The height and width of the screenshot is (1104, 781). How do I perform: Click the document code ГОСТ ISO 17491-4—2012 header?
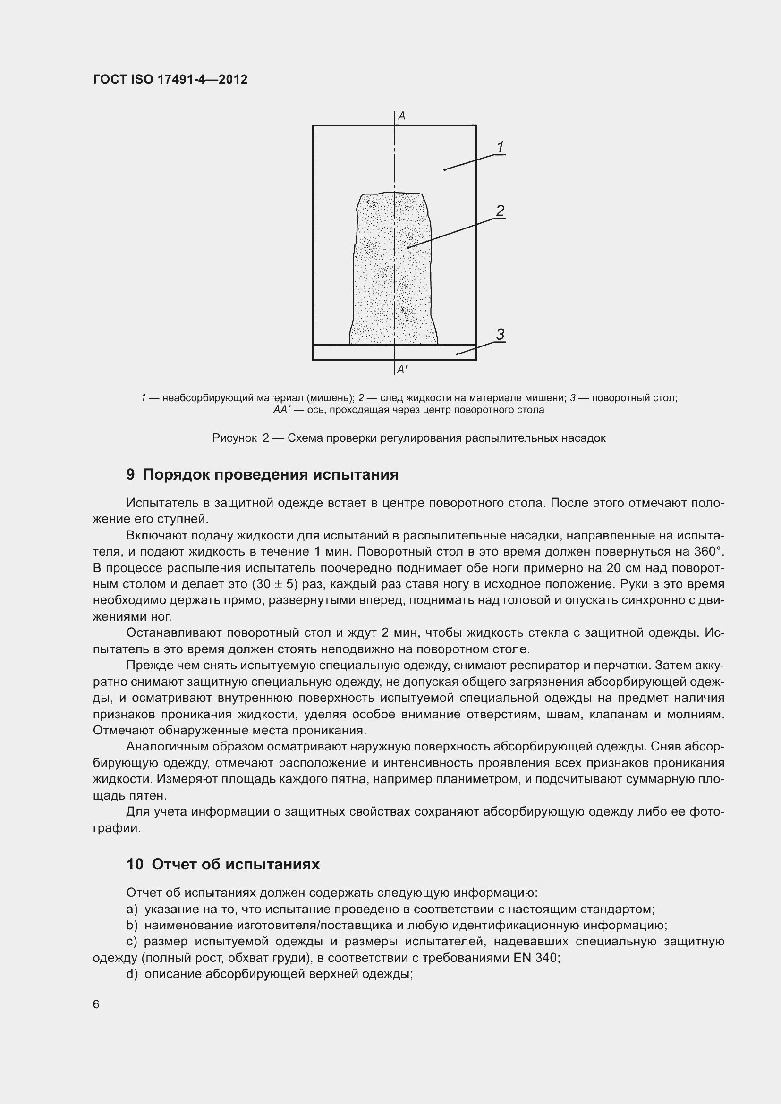tap(170, 79)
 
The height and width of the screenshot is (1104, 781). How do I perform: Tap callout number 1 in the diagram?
tap(500, 147)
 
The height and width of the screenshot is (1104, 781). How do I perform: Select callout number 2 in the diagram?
tap(500, 211)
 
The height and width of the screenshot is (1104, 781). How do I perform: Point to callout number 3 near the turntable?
tap(500, 334)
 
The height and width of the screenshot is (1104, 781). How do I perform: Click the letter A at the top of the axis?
tap(401, 116)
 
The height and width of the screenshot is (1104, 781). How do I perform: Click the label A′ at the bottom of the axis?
tap(402, 369)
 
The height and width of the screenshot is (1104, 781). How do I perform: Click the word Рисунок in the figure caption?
tap(234, 438)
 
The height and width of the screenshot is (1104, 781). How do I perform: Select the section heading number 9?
tap(130, 474)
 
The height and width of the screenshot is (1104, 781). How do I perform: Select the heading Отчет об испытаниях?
tap(235, 864)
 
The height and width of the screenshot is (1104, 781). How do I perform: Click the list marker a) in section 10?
tap(132, 909)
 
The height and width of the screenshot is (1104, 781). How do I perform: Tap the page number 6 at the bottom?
tap(96, 1004)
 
